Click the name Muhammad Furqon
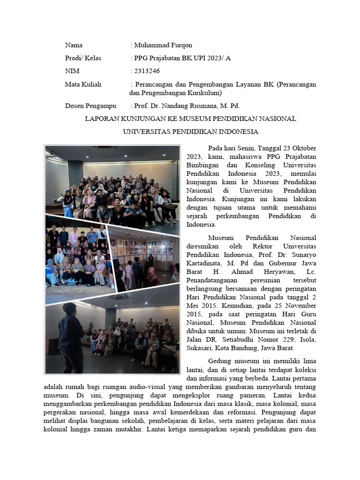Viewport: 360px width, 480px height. click(x=163, y=45)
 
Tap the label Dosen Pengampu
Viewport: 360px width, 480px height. click(x=90, y=106)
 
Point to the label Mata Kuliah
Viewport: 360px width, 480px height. click(x=83, y=84)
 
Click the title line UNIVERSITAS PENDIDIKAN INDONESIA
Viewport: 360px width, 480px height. click(x=190, y=131)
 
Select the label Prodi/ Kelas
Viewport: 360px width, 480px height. click(x=83, y=58)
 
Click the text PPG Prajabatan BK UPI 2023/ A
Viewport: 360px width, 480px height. click(x=182, y=58)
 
